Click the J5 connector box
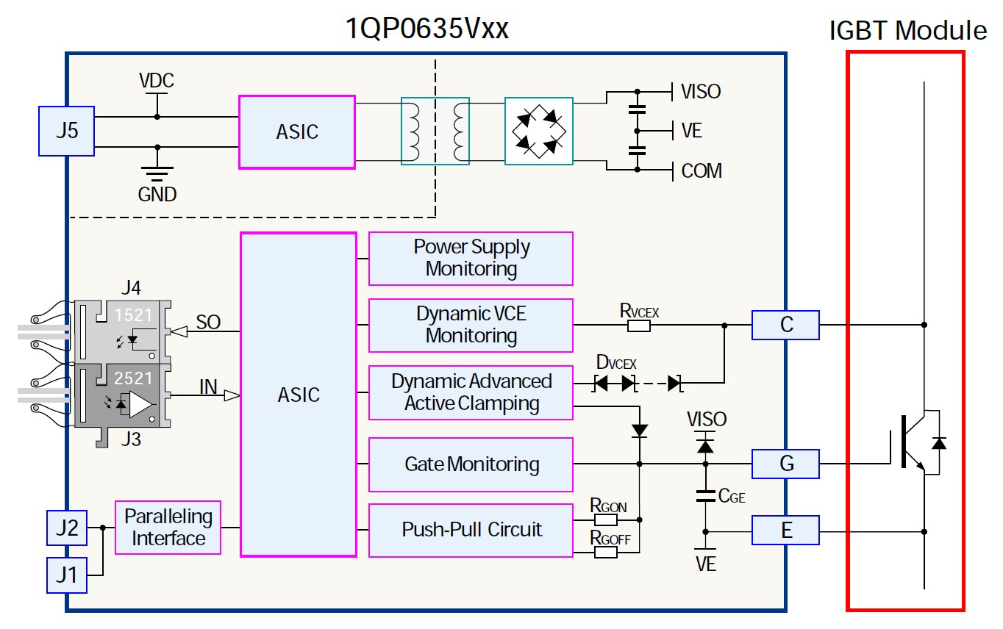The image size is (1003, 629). pyautogui.click(x=66, y=131)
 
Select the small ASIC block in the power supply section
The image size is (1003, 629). pyautogui.click(x=297, y=132)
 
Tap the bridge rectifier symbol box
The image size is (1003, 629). pyautogui.click(x=538, y=131)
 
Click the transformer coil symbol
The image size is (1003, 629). pyautogui.click(x=435, y=131)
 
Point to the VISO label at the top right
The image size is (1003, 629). pyautogui.click(x=701, y=92)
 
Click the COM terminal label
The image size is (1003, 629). pyautogui.click(x=702, y=170)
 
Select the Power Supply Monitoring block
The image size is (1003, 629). pyautogui.click(x=471, y=258)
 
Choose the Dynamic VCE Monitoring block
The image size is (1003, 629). pyautogui.click(x=471, y=325)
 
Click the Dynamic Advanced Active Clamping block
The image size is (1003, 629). pyautogui.click(x=471, y=392)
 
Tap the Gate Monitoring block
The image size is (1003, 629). pyautogui.click(x=471, y=464)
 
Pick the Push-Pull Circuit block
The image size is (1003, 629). pyautogui.click(x=471, y=530)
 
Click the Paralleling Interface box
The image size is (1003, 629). pyautogui.click(x=168, y=528)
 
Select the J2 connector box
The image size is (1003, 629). pyautogui.click(x=67, y=528)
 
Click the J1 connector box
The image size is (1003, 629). pyautogui.click(x=67, y=575)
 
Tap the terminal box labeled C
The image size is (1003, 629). pyautogui.click(x=785, y=325)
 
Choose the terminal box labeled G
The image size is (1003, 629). pyautogui.click(x=785, y=464)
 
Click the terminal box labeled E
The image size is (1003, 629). pyautogui.click(x=785, y=530)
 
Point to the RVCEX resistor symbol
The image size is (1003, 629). pyautogui.click(x=638, y=325)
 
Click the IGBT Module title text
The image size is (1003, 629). pyautogui.click(x=907, y=31)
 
